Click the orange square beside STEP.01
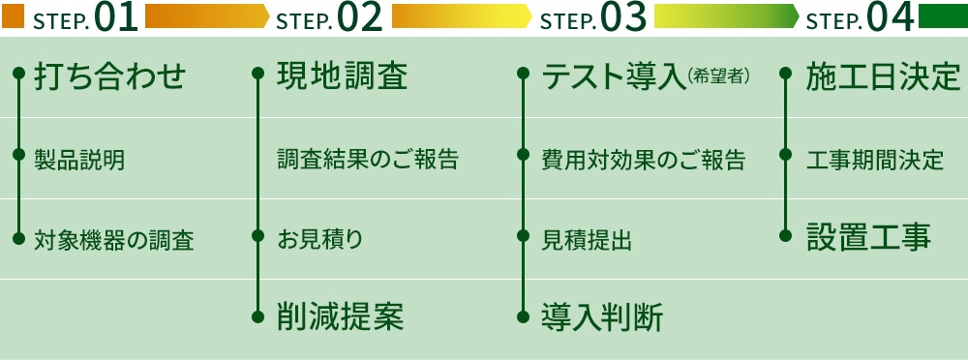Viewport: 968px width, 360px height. [x=13, y=15]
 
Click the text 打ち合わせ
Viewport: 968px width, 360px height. [x=109, y=76]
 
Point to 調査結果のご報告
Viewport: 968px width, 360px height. [x=367, y=159]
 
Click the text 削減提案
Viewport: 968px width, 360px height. [x=340, y=316]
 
